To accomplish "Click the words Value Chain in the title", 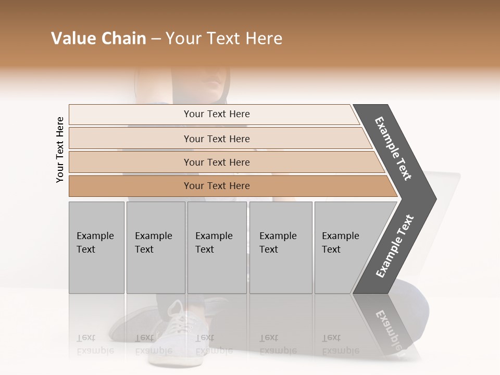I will tap(98, 39).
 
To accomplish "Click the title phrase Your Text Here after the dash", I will tap(224, 39).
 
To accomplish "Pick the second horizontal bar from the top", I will tap(217, 139).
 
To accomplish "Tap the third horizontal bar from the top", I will tap(217, 162).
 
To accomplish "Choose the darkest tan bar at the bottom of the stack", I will tap(217, 186).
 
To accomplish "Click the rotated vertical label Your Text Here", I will tap(60, 149).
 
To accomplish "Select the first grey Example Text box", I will tap(96, 247).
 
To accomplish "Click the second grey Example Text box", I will tap(155, 247).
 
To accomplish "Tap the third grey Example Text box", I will tap(217, 247).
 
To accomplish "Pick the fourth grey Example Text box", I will tap(280, 247).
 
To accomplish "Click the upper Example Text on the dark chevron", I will tap(393, 148).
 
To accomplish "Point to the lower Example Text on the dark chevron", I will tap(395, 246).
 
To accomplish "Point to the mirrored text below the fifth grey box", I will tap(340, 344).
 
